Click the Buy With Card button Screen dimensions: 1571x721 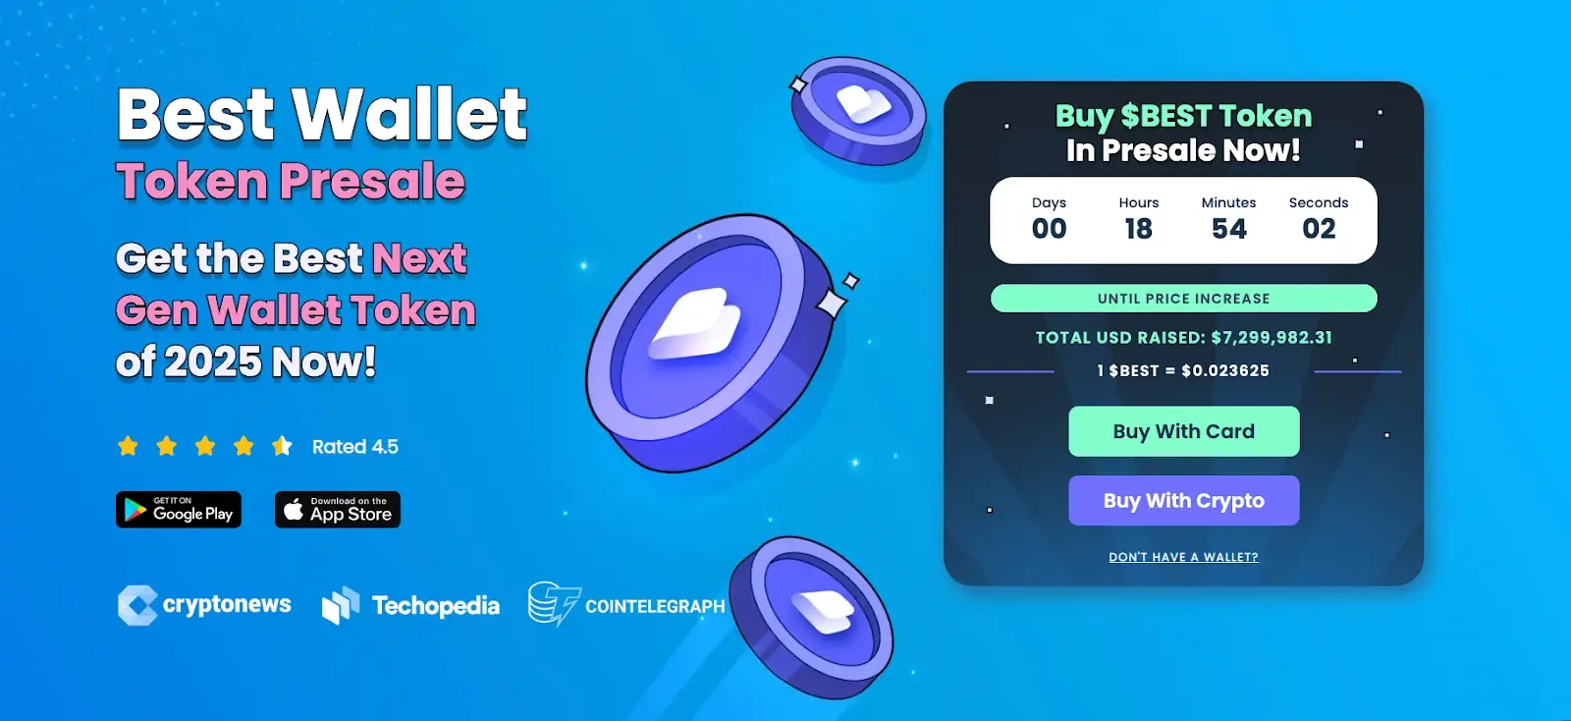1184,431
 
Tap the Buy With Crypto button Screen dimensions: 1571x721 1184,500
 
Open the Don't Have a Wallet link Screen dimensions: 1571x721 1184,557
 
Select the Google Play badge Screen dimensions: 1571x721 179,509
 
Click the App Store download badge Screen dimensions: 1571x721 338,509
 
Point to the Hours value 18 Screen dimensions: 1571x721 1138,229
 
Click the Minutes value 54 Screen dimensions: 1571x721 1228,229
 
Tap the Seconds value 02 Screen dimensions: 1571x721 1319,229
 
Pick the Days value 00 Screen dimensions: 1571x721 1050,229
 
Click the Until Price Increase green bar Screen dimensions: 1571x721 1184,298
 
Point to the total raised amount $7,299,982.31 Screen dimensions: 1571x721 1272,337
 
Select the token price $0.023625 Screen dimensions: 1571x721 1225,370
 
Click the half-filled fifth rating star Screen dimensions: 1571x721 282,445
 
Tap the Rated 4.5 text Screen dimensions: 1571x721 354,447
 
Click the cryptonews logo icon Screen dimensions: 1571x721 137,604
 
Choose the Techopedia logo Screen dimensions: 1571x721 410,605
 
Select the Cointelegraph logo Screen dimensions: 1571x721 626,604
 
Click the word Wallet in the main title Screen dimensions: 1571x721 408,114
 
